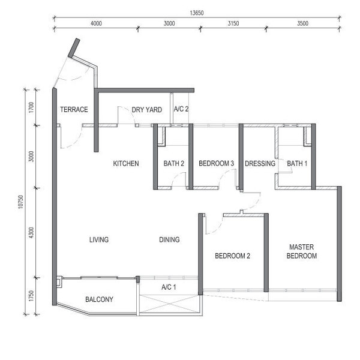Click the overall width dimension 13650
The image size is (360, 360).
coord(197,13)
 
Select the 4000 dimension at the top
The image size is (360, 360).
coord(96,23)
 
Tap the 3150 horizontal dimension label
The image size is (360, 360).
coord(233,23)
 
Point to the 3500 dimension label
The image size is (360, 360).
coord(302,23)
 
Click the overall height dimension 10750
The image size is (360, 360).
coord(20,202)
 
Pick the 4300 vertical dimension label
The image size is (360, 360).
coord(31,233)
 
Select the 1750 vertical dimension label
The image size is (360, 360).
coord(31,296)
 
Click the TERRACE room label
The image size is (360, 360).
coord(74,110)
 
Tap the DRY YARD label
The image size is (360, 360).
coord(147,110)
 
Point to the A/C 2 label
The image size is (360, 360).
coord(181,109)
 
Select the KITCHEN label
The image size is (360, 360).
coord(126,163)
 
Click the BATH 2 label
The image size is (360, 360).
coord(174,163)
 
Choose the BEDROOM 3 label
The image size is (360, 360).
coord(216,163)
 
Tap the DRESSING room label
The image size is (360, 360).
coord(260,163)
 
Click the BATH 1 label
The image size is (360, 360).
coord(297,163)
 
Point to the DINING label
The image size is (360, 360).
coord(169,239)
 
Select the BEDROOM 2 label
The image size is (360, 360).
coord(232,256)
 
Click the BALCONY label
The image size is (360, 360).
coord(99,299)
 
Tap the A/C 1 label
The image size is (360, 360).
coord(169,287)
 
